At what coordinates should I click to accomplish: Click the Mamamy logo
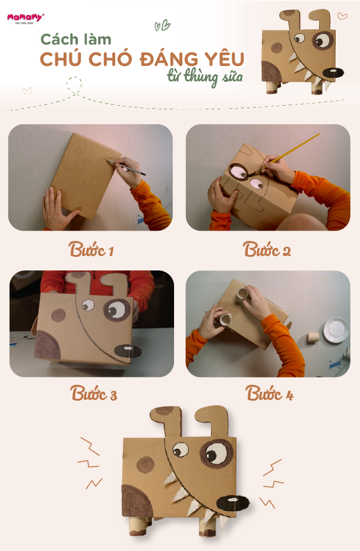coord(26,18)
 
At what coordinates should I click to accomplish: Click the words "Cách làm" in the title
coord(76,39)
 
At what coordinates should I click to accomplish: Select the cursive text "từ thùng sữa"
coord(205,77)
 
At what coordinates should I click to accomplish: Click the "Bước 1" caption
coord(91,250)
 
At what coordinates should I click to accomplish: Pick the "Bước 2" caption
coord(267,250)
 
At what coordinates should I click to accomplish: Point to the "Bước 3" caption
coord(93,393)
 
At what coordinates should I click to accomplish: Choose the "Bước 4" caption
coord(269,393)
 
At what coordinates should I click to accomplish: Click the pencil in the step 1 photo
coord(126,167)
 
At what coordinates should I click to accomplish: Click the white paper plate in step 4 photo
coord(336,330)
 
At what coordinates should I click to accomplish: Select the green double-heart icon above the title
coord(162,26)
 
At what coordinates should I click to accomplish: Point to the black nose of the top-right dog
coord(333,73)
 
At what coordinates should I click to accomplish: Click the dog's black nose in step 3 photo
coord(128,351)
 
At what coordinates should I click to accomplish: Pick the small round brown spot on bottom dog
coord(146,465)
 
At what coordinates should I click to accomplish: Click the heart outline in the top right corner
coord(342,16)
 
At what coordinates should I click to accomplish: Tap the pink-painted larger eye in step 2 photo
coord(239,172)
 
